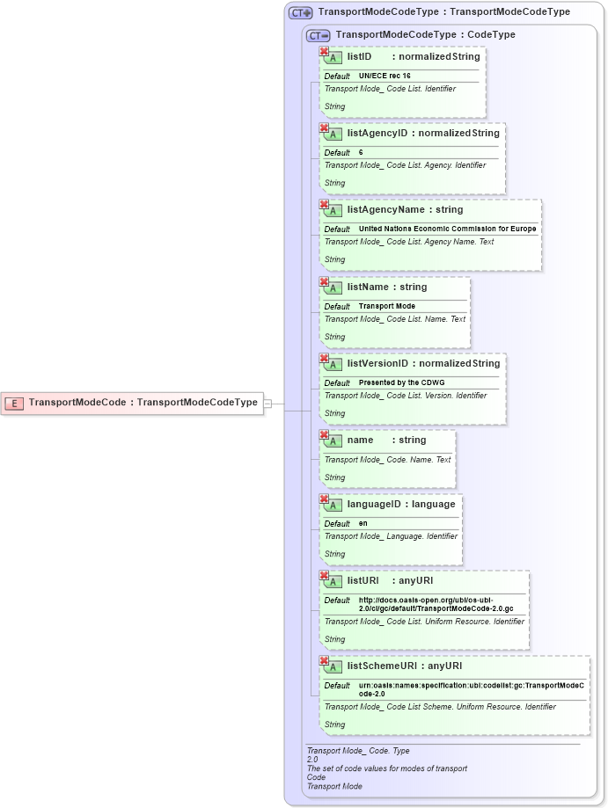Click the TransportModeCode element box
coord(132,403)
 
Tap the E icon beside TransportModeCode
coord(15,403)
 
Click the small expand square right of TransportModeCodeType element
coord(268,403)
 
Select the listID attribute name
coord(360,56)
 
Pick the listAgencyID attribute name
coord(377,133)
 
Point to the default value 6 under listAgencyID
coord(361,153)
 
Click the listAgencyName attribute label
coord(386,209)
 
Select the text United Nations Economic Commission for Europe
coord(447,229)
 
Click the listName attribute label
coord(369,287)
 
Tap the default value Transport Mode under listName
coord(387,307)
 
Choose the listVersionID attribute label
coord(377,363)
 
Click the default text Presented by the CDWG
coord(402,383)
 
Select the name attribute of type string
coord(361,440)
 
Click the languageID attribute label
coord(377,504)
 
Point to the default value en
coord(363,524)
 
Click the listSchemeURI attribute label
coord(382,666)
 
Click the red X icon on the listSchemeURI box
coord(324,660)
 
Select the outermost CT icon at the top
coord(301,12)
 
